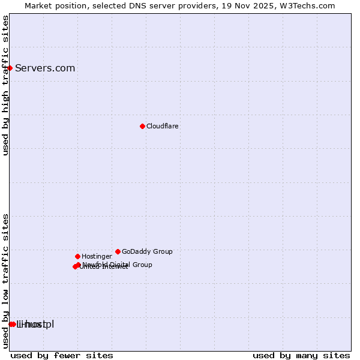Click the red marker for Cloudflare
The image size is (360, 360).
tap(142, 126)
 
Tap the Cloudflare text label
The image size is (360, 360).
tap(162, 127)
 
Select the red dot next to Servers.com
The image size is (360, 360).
tap(10, 68)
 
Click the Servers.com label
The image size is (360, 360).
tap(45, 68)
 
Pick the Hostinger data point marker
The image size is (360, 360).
tap(77, 256)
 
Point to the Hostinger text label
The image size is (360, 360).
tap(97, 257)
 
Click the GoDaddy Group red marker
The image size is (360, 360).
tap(118, 251)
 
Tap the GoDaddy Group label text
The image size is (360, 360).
tap(147, 252)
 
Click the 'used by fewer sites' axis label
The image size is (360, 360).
tap(62, 355)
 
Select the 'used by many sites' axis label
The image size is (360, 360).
tap(301, 355)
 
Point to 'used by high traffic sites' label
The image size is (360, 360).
tap(6, 85)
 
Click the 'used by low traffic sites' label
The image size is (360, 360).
tap(6, 281)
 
